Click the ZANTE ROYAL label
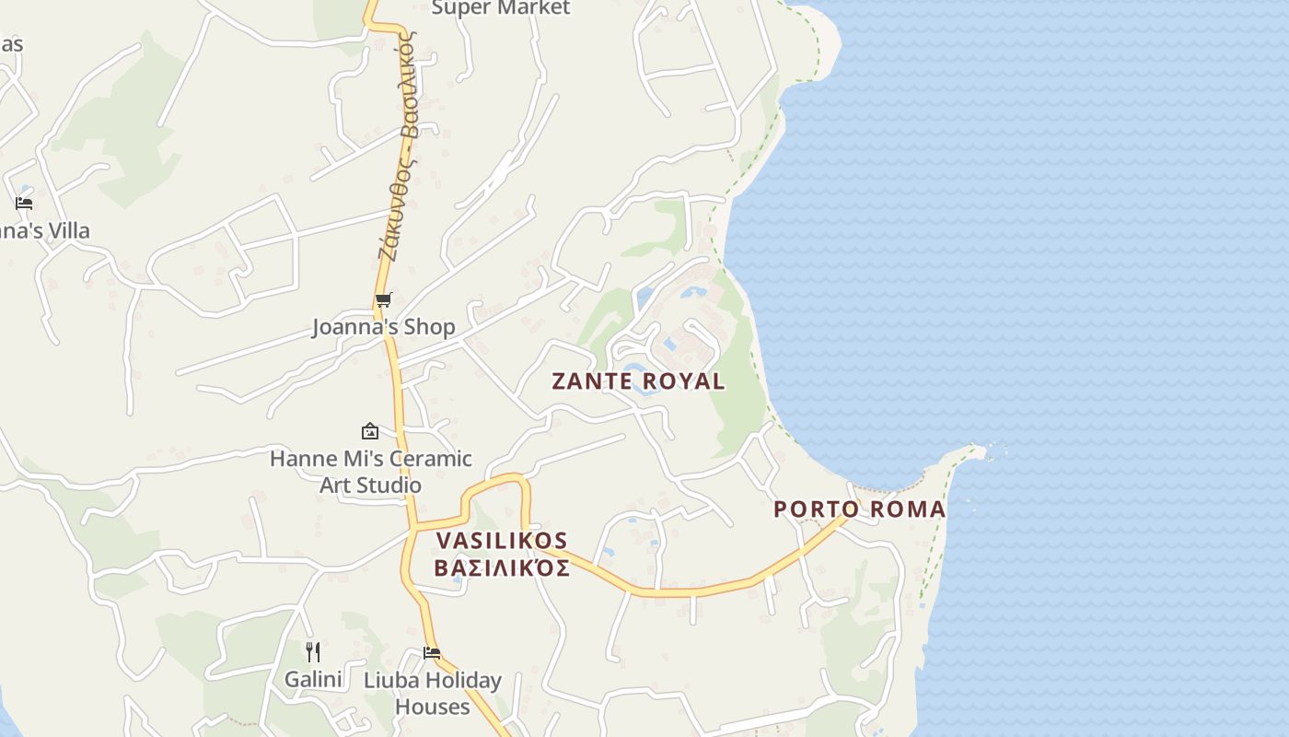[638, 381]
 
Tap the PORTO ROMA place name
[859, 509]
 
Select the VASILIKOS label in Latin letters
[502, 541]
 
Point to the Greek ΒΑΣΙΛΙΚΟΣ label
[502, 567]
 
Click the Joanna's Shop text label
[383, 327]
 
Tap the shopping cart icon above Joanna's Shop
[383, 299]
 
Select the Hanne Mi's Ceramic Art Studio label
[370, 471]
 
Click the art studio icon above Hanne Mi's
[369, 430]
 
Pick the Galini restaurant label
[313, 680]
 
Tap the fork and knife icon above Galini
[313, 652]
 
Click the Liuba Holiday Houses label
[433, 694]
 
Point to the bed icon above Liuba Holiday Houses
[431, 652]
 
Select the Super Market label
[501, 8]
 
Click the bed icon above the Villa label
[24, 203]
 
